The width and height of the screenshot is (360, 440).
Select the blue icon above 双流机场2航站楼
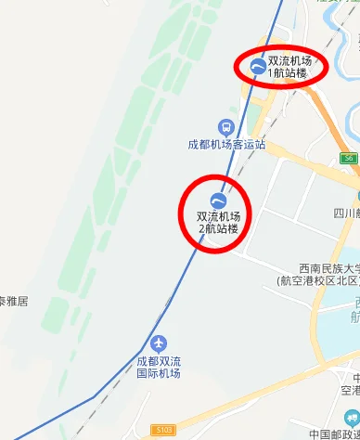tap(218, 201)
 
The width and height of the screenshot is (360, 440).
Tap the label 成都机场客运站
tap(226, 145)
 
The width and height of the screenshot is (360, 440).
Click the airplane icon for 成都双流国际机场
tap(163, 343)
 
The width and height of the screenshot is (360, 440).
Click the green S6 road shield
tap(348, 159)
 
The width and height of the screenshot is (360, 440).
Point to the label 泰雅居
tap(14, 301)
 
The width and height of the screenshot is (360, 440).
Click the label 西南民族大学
tap(323, 267)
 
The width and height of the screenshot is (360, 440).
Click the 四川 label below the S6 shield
tap(347, 213)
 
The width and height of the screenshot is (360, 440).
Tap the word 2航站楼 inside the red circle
tap(218, 228)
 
